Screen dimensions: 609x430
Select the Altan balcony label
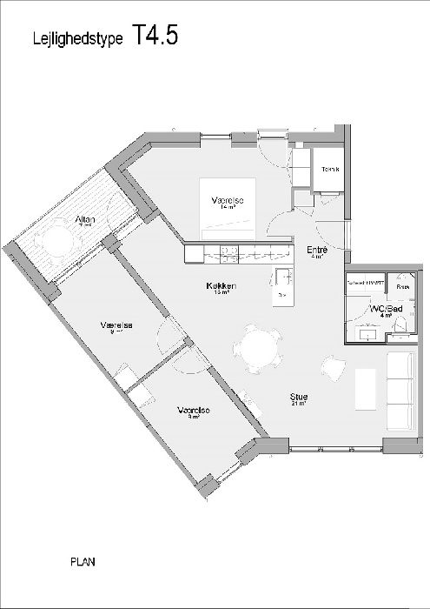coord(85,219)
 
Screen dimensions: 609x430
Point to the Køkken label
coord(223,285)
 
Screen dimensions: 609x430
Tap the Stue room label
coord(300,397)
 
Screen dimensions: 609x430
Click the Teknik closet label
coord(330,168)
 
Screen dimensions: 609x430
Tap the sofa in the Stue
coord(401,391)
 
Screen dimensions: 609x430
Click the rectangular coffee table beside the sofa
coord(367,388)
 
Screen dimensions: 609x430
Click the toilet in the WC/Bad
coord(401,324)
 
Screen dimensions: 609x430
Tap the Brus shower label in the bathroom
coord(402,284)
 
